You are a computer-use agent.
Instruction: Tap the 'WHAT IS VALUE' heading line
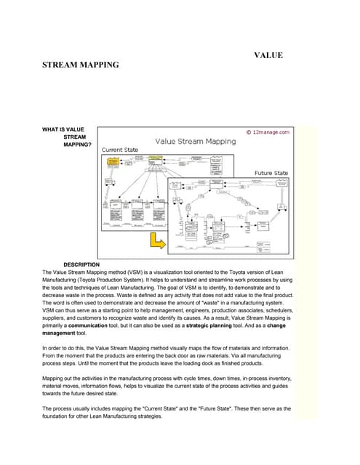tap(63, 129)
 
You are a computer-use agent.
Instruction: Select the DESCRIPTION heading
tap(81, 264)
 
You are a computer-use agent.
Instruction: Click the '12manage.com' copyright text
tap(270, 132)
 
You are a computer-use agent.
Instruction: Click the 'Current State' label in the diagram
tap(119, 150)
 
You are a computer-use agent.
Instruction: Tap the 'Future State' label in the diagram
tap(271, 173)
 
